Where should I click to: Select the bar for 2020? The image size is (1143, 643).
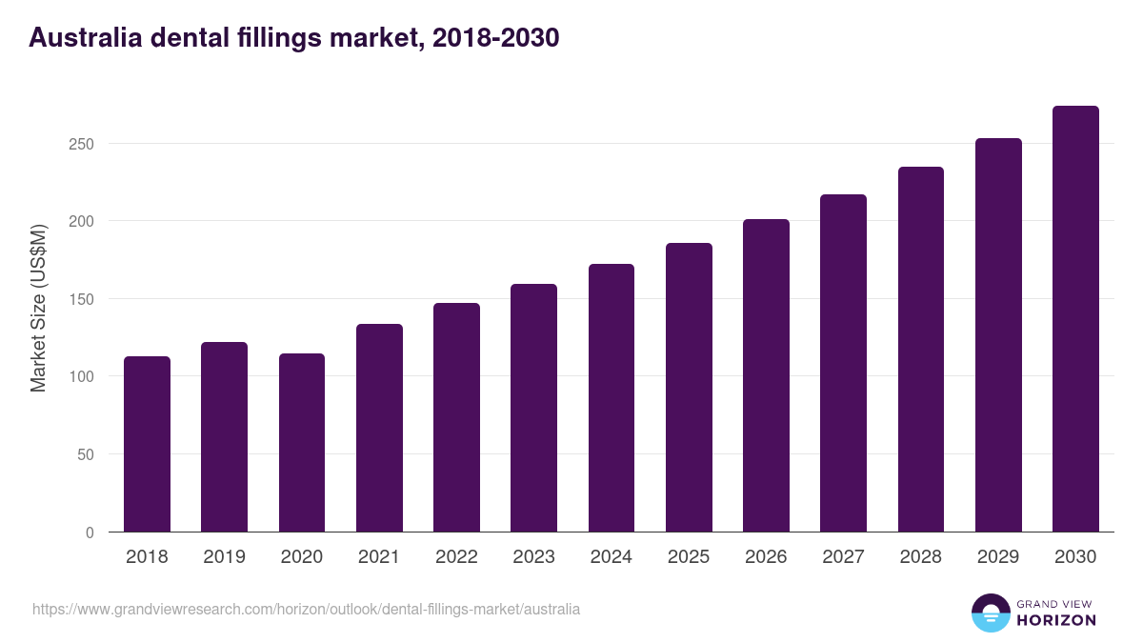pos(302,443)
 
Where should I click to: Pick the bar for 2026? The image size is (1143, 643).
pos(766,375)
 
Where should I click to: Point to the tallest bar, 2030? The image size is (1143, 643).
pos(1075,319)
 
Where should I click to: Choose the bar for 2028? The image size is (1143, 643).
pos(921,350)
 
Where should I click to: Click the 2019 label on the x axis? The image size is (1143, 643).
pos(225,557)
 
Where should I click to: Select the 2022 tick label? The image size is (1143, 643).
pos(456,557)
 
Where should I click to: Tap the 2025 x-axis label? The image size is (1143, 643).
pos(689,557)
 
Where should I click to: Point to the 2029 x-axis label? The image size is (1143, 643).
pos(998,557)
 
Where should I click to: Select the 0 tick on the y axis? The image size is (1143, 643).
pos(90,532)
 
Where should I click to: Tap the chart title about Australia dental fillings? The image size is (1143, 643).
pos(293,38)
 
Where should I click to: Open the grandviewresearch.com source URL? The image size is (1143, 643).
pos(306,609)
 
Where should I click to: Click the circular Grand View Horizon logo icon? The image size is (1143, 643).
pos(991,613)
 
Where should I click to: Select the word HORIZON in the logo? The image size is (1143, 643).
pos(1056,620)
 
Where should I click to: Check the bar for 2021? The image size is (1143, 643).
pos(379,428)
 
